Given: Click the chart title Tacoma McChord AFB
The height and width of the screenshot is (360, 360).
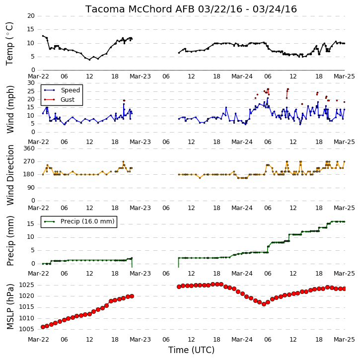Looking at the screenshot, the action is point(140,9).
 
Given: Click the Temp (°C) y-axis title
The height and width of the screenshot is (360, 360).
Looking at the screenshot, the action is point(9,44).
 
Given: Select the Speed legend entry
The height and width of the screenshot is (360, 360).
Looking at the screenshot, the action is point(62,90).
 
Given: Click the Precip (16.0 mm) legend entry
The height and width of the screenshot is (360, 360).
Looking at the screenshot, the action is point(79,221).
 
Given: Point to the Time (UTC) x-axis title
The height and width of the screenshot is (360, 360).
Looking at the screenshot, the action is point(191,350).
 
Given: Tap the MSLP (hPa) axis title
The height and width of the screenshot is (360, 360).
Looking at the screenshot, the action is point(10,306).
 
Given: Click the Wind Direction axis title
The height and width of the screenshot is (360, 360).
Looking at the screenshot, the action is point(10,175).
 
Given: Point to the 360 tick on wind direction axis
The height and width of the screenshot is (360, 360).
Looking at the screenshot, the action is point(29,148).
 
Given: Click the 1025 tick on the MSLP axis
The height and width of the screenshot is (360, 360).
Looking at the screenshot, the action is point(26,285).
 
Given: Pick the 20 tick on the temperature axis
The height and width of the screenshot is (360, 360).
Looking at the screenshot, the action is point(31,16).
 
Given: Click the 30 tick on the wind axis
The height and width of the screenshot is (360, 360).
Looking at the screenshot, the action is point(31,83).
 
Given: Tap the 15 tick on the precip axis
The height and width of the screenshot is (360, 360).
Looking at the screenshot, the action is point(31,224).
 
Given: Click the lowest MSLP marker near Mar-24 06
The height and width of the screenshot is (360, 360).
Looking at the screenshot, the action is point(264,304).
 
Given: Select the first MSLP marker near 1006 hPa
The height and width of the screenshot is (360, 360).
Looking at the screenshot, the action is point(43,327).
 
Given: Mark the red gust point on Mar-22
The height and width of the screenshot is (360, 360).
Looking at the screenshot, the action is point(124,101).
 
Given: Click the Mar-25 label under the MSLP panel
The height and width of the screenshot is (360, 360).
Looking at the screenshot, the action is point(344,339).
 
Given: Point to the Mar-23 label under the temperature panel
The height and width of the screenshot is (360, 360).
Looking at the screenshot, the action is point(140,76).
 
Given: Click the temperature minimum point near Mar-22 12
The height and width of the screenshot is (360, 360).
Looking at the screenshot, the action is point(89,60).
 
